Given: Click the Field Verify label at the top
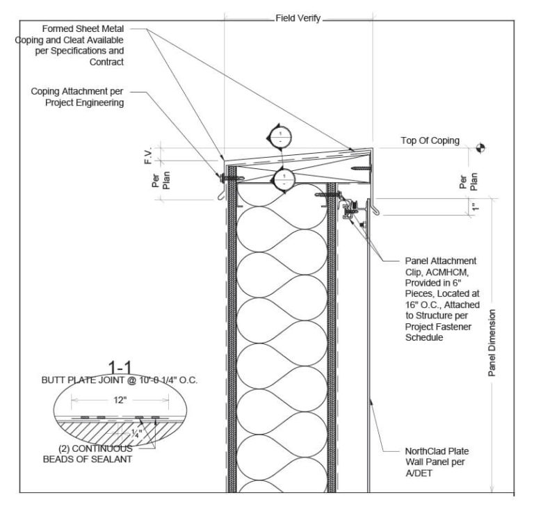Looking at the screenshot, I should tap(298, 19).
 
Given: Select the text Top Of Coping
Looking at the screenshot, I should tap(430, 140).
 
